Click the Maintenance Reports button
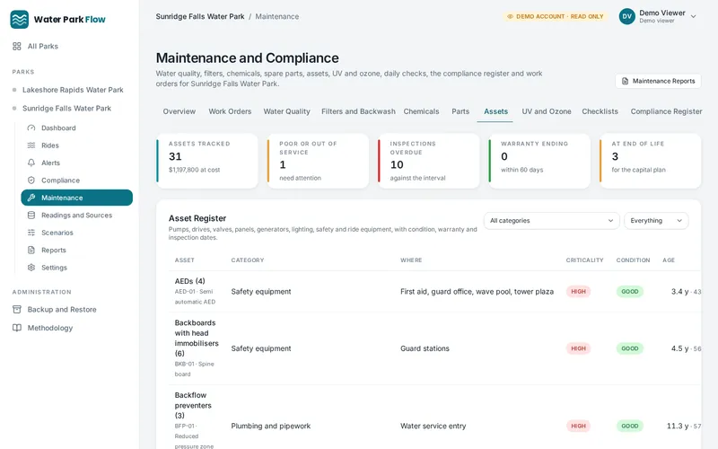click(x=658, y=81)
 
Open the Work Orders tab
click(x=230, y=111)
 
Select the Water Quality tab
click(x=286, y=111)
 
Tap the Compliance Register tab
click(x=666, y=111)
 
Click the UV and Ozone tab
click(x=547, y=111)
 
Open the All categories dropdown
click(x=551, y=220)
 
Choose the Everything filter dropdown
click(x=656, y=220)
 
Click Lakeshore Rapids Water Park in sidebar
click(x=73, y=90)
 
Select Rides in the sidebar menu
click(x=50, y=145)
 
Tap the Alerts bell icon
click(x=31, y=163)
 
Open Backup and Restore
click(x=62, y=310)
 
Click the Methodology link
click(x=50, y=328)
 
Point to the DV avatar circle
click(x=626, y=16)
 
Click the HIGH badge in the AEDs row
click(x=578, y=291)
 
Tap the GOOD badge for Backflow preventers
click(x=630, y=426)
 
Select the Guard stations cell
click(x=425, y=348)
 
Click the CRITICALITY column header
click(x=584, y=260)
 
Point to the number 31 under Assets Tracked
click(x=175, y=156)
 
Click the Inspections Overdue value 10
click(x=397, y=165)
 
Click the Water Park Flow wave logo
click(x=19, y=20)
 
